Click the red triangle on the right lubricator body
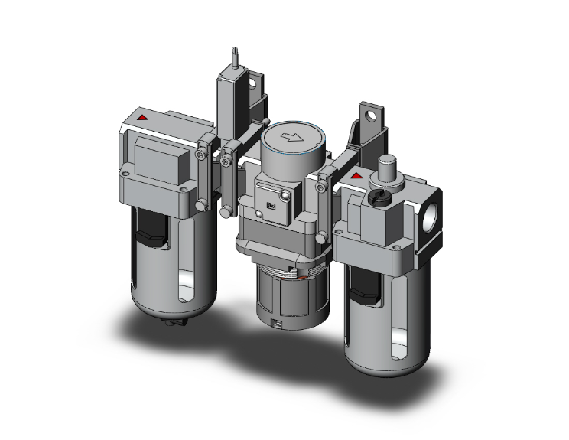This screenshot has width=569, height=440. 355,178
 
